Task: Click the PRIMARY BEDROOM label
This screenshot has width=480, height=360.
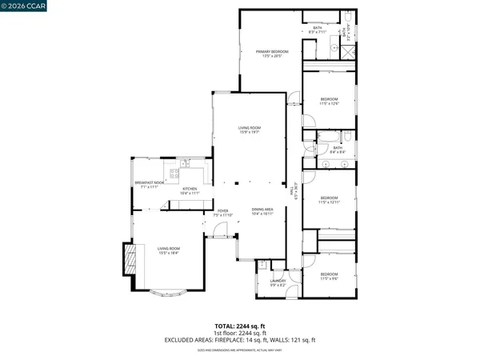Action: tap(270, 52)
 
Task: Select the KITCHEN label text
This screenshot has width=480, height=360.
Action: tap(190, 189)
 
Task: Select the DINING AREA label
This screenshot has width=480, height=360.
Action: tap(263, 209)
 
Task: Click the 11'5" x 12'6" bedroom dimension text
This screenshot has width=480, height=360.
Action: tap(330, 103)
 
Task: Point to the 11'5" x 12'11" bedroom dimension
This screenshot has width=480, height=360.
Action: tap(330, 202)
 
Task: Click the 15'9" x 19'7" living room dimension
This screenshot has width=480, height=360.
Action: tap(250, 131)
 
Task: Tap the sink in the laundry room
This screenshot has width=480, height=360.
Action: tap(262, 267)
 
